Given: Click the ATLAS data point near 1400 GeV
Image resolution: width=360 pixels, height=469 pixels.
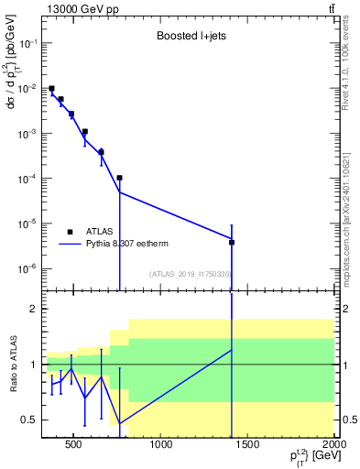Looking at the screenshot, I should (x=232, y=243).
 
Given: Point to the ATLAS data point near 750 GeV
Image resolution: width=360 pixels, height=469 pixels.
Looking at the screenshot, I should (x=120, y=178).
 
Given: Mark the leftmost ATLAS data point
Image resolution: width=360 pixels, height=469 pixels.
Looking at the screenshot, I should (x=52, y=89).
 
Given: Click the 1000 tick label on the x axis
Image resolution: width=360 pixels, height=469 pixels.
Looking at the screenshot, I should (x=161, y=445).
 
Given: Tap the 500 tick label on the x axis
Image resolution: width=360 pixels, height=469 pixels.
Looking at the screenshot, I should (x=73, y=445).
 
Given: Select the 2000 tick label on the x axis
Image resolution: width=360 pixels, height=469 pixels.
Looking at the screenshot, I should (x=333, y=445).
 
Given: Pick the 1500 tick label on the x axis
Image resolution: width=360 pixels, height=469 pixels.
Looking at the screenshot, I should (x=248, y=445).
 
